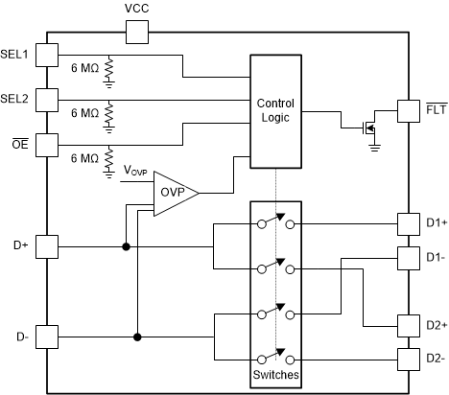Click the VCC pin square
coord(136,34)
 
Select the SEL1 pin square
coord(47,55)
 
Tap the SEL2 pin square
coord(47,99)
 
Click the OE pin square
coord(47,143)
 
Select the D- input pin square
coord(47,337)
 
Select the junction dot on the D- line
coord(137,337)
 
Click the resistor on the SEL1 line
coord(108,68)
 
